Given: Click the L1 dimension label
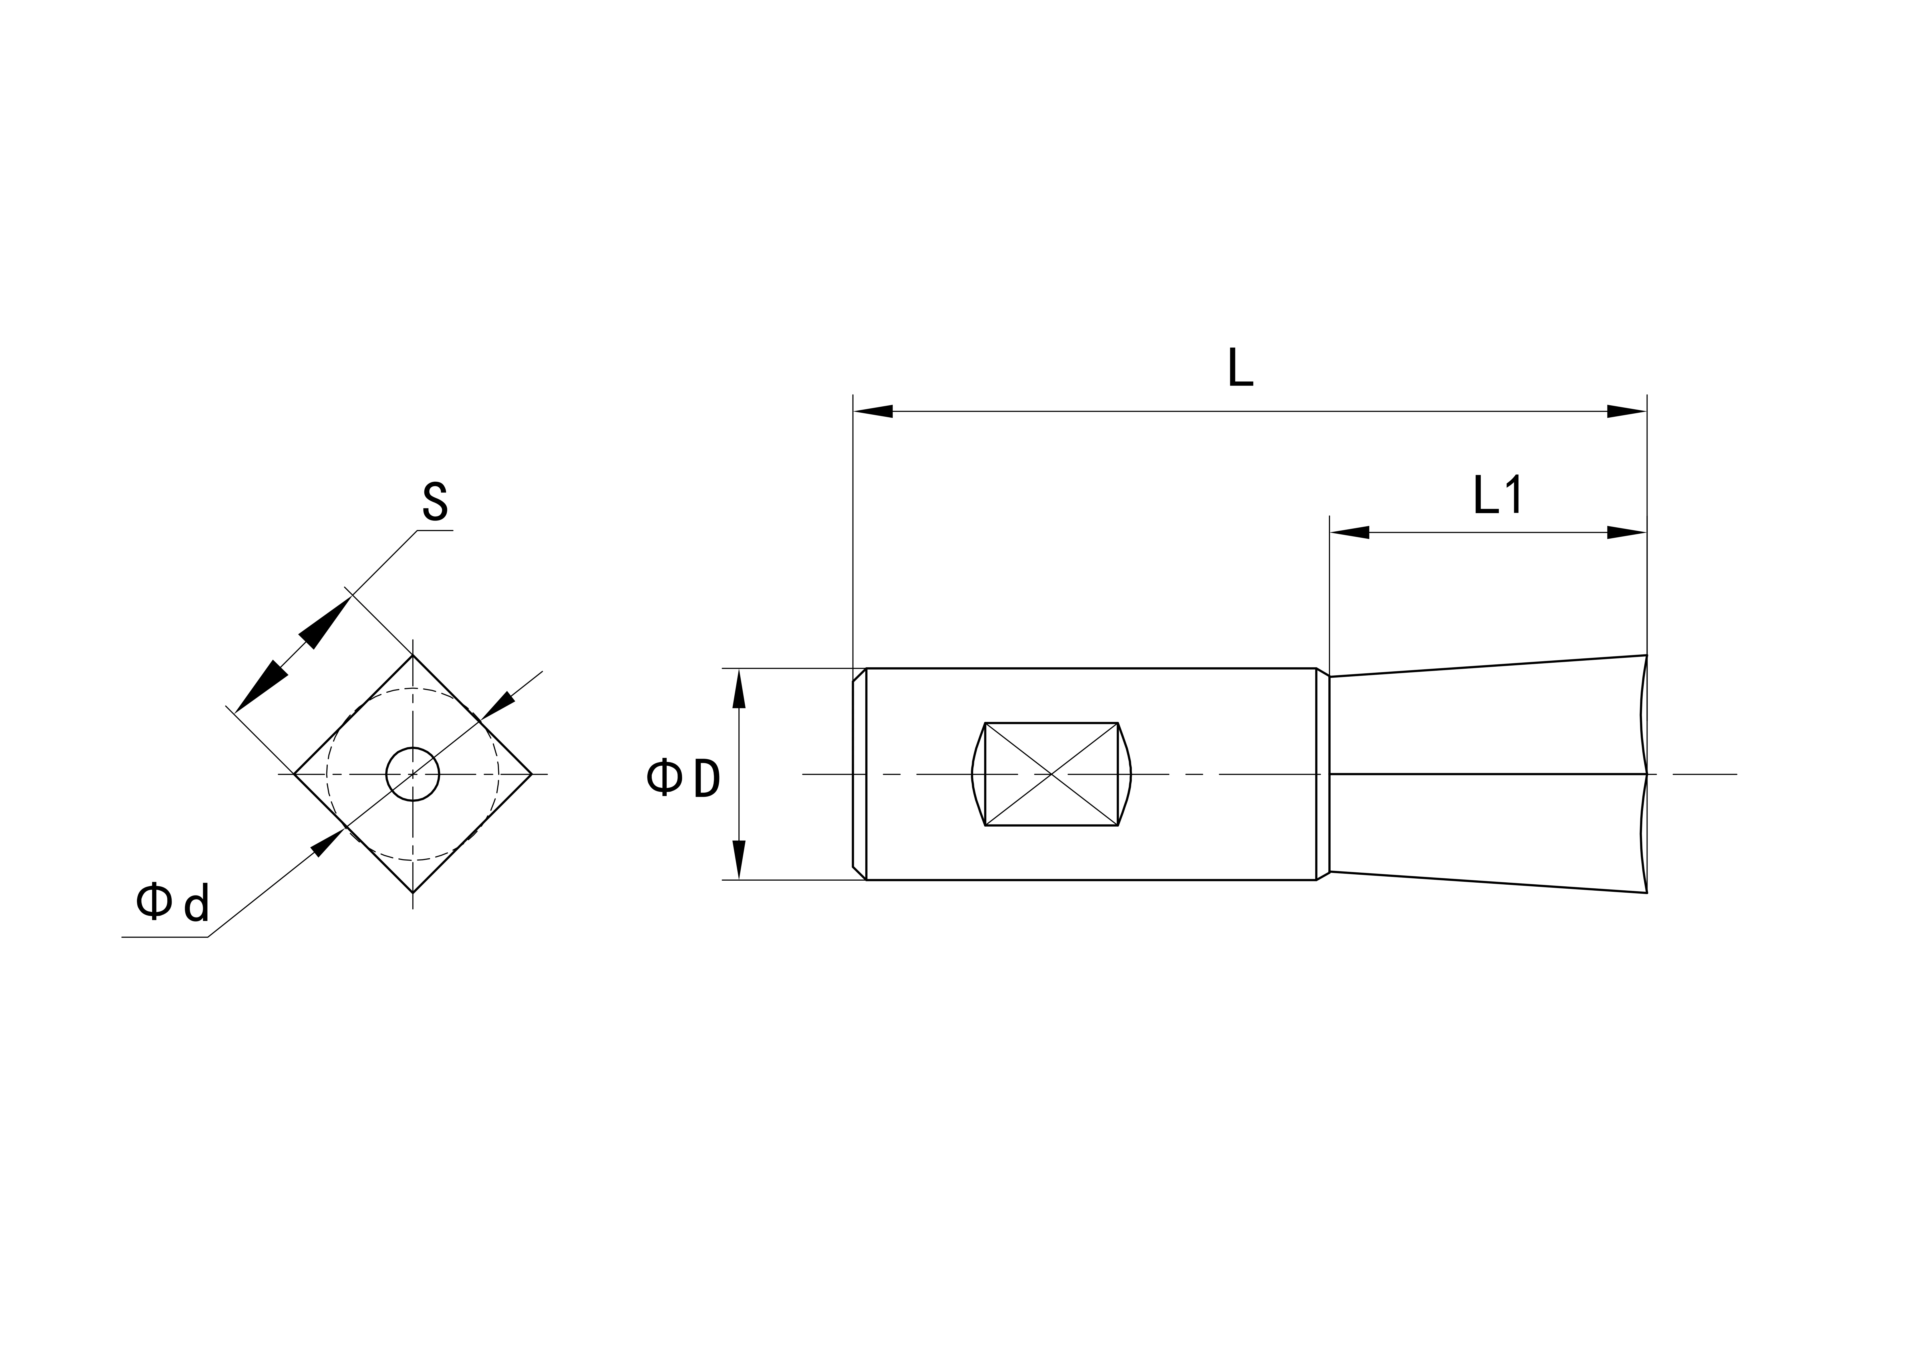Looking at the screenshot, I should tap(1497, 496).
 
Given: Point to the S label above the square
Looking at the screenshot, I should tap(434, 502).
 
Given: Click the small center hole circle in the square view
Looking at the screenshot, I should tap(413, 774).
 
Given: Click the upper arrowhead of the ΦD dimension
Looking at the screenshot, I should tap(739, 688).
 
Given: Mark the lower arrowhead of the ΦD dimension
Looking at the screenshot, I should tap(739, 859).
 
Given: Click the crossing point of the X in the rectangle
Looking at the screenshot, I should tap(1051, 774).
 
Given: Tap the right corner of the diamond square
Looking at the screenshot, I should tap(531, 774).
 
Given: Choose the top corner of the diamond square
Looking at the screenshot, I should tap(413, 656).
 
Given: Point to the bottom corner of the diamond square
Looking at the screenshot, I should tap(413, 892).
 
